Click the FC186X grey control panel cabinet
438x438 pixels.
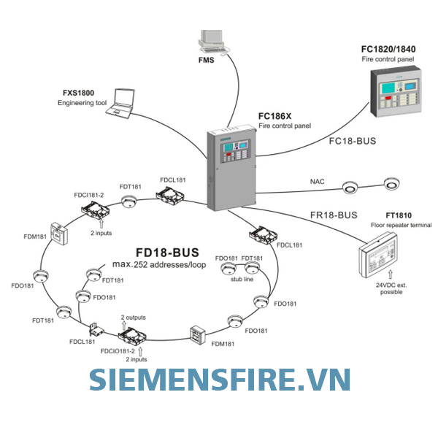pyautogui.click(x=231, y=166)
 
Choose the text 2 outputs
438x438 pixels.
pyautogui.click(x=134, y=318)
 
